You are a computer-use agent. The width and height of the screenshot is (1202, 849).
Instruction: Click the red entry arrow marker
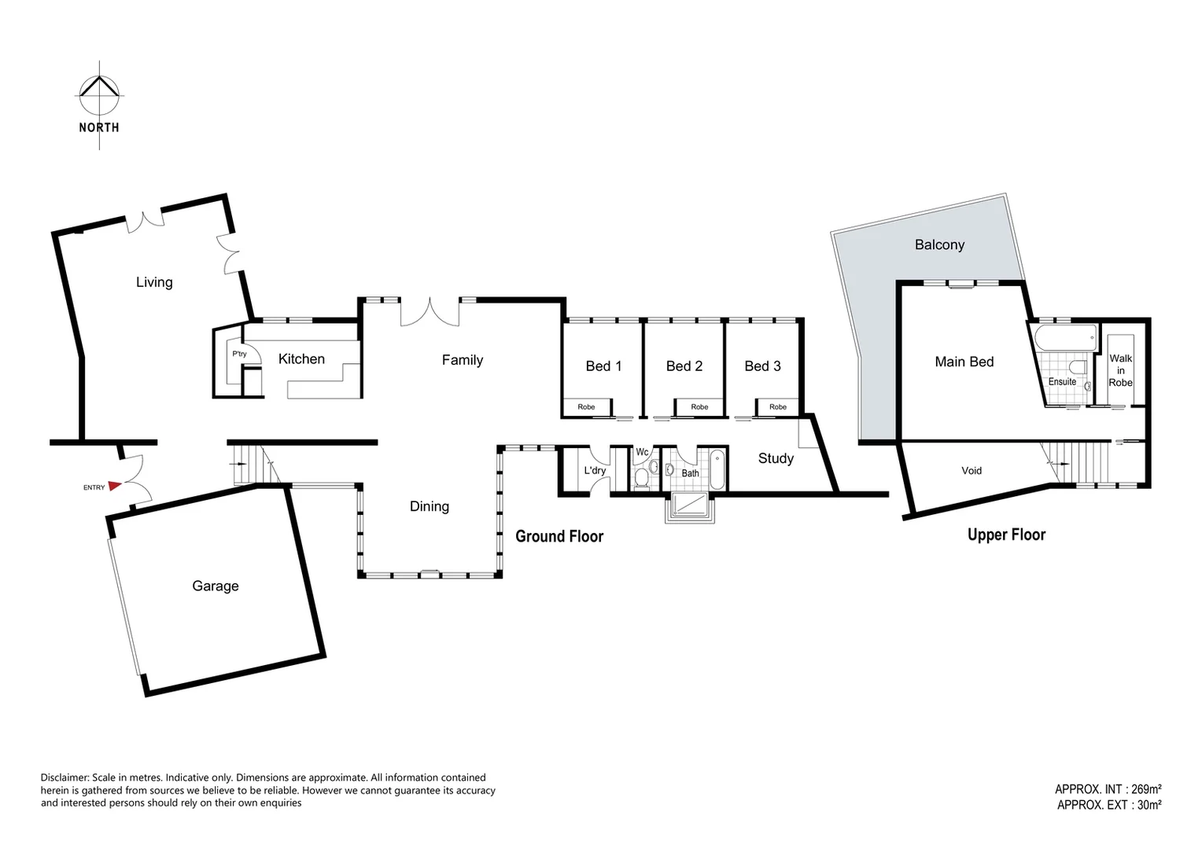click(115, 487)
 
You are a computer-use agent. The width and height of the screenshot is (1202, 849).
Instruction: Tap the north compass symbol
click(99, 94)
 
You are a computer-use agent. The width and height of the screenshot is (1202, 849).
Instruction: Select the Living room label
click(154, 282)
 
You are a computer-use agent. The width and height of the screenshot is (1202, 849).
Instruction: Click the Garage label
click(216, 586)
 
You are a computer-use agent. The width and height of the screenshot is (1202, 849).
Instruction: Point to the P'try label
click(239, 355)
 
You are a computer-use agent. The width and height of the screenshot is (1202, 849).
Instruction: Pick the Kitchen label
click(301, 359)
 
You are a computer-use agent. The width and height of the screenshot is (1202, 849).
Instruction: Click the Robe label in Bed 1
click(586, 407)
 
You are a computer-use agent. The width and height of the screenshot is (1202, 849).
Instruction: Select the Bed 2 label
click(684, 366)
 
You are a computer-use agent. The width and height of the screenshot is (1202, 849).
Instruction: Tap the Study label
click(776, 458)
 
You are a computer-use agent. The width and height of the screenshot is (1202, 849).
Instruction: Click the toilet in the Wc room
click(641, 477)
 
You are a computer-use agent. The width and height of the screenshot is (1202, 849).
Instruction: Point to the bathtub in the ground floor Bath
click(717, 469)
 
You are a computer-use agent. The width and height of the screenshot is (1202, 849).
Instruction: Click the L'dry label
click(595, 471)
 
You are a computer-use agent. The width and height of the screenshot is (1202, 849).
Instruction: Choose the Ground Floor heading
click(559, 537)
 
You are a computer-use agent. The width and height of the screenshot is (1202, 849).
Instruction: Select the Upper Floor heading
click(1006, 535)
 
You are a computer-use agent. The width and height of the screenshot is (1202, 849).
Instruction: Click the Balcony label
click(939, 245)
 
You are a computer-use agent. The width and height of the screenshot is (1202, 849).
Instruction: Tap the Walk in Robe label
click(1120, 370)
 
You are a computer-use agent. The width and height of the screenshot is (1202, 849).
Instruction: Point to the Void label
click(972, 471)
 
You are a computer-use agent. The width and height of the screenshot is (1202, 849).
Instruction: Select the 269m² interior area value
click(1146, 789)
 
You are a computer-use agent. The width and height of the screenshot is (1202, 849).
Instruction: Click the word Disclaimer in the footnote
click(65, 777)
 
